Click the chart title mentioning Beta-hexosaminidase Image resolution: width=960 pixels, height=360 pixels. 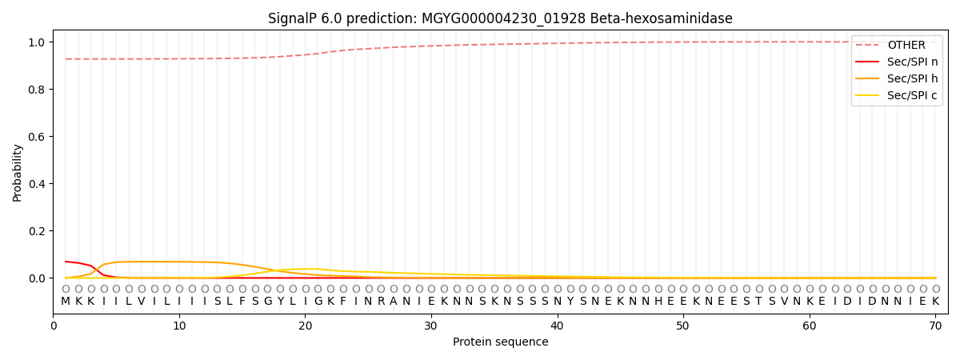point(500,18)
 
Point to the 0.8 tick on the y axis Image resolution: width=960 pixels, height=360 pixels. point(37,90)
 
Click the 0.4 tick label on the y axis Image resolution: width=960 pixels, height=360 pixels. point(37,184)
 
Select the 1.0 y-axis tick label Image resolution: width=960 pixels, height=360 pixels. point(37,42)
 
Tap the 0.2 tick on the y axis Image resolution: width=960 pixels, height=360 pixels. point(37,231)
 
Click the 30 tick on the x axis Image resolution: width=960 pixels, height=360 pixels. point(431,326)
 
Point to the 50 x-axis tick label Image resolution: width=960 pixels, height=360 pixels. point(683,326)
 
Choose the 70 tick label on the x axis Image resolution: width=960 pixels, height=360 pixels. point(935,326)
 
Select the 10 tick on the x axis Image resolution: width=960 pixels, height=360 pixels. point(179,326)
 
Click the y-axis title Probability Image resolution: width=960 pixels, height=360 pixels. point(18,172)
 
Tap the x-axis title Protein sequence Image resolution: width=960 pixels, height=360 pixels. point(500,342)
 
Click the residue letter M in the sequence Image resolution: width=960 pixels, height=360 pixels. point(66,302)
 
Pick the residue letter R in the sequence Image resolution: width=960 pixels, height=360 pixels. point(381,302)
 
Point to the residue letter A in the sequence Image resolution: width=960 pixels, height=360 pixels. point(394,302)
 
